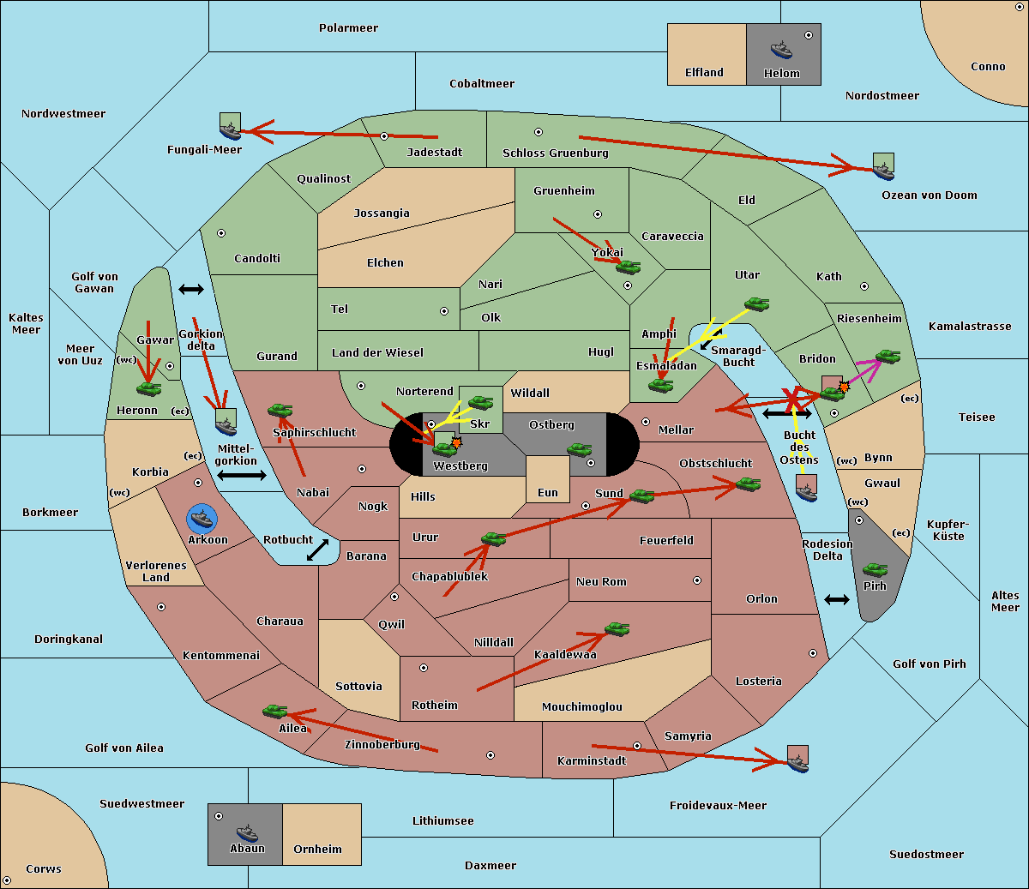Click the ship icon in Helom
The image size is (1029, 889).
pos(781,50)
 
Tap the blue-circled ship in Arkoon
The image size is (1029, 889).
pos(202,518)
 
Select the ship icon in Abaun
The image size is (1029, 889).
pos(247,832)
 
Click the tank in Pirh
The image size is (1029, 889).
pos(875,569)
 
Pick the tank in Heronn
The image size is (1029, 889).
pos(149,388)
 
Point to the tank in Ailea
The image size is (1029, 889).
pos(274,712)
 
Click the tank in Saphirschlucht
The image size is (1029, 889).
pos(280,410)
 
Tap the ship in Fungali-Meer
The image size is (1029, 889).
pos(230,126)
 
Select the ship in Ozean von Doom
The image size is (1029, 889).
pos(883,166)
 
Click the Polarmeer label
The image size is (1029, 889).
pos(348,28)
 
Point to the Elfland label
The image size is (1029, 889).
pos(704,72)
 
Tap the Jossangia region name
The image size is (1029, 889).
pos(382,213)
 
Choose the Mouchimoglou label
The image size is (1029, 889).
pos(582,706)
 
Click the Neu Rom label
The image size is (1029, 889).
pos(601,581)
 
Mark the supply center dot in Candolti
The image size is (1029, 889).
pos(221,233)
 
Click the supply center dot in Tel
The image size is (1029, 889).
pos(444,311)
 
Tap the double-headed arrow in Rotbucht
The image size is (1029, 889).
pos(317,550)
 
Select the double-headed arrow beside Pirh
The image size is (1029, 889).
pos(837,600)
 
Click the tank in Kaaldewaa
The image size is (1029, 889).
pos(617,629)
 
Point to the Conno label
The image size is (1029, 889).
pos(988,66)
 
